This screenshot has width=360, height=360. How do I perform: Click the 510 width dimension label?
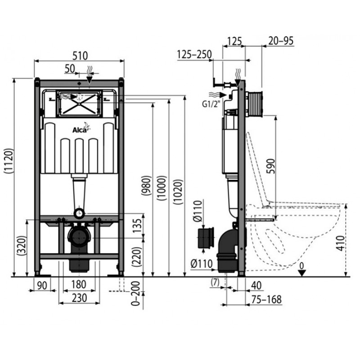pyautogui.click(x=80, y=56)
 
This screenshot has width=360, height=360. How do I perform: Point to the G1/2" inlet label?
pyautogui.click(x=211, y=104)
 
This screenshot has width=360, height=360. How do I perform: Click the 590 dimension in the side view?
pyautogui.click(x=271, y=166)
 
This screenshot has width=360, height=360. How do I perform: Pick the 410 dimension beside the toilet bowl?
pyautogui.click(x=341, y=243)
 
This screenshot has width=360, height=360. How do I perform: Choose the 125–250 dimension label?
pyautogui.click(x=194, y=54)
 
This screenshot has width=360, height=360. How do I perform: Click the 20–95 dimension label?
pyautogui.click(x=281, y=40)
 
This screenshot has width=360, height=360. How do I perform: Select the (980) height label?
pyautogui.click(x=147, y=185)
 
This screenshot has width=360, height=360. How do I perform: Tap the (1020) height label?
pyautogui.click(x=178, y=192)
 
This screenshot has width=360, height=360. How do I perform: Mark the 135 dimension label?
pyautogui.click(x=137, y=226)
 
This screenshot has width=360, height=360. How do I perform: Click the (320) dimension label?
pyautogui.click(x=22, y=246)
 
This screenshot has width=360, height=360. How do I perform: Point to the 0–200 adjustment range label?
pyautogui.click(x=135, y=293)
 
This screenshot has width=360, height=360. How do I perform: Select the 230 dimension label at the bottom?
pyautogui.click(x=80, y=298)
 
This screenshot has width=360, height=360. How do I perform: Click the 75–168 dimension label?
pyautogui.click(x=266, y=299)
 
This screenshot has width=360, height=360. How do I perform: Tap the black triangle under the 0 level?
pyautogui.click(x=301, y=273)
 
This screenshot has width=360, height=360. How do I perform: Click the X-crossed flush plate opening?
pyautogui.click(x=79, y=104)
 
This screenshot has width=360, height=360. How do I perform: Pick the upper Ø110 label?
pyautogui.click(x=198, y=211)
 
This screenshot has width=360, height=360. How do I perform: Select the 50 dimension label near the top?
pyautogui.click(x=70, y=69)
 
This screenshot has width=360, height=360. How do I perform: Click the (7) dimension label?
pyautogui.click(x=215, y=282)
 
